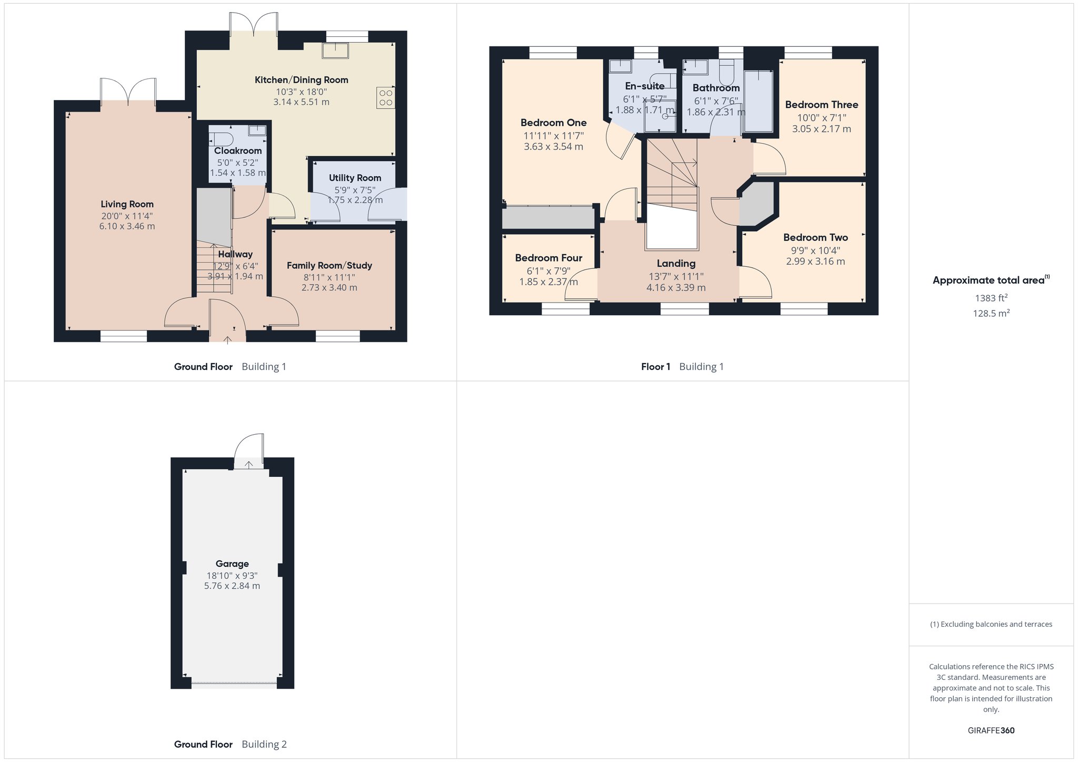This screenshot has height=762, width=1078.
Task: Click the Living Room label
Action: [x=127, y=204]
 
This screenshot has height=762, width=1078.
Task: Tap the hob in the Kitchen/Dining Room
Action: [x=385, y=98]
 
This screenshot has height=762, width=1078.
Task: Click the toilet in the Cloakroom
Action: [x=221, y=139]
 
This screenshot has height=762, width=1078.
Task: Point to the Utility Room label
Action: [x=355, y=178]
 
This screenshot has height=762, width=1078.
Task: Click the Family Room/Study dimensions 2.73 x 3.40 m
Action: [x=330, y=288]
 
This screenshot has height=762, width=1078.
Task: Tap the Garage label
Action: [x=232, y=564]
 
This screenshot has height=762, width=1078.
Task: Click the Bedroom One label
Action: [x=554, y=123]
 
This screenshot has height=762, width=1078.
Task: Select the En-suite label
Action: [x=645, y=86]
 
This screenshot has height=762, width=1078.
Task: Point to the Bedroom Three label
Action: [x=822, y=105]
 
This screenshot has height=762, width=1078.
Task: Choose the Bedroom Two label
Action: [x=816, y=237]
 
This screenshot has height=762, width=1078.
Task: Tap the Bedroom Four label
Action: [x=548, y=258]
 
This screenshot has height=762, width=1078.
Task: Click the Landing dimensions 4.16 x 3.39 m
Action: [x=676, y=288]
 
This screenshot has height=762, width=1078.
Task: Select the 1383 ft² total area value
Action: [x=992, y=298]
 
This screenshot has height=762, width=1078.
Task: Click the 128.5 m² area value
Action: [x=992, y=313]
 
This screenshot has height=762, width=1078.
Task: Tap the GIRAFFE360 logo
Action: [x=991, y=730]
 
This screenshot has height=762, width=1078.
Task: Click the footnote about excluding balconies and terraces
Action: [x=991, y=624]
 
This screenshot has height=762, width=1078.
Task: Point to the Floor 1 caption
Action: [x=655, y=367]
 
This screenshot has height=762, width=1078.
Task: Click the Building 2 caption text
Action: [x=264, y=744]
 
